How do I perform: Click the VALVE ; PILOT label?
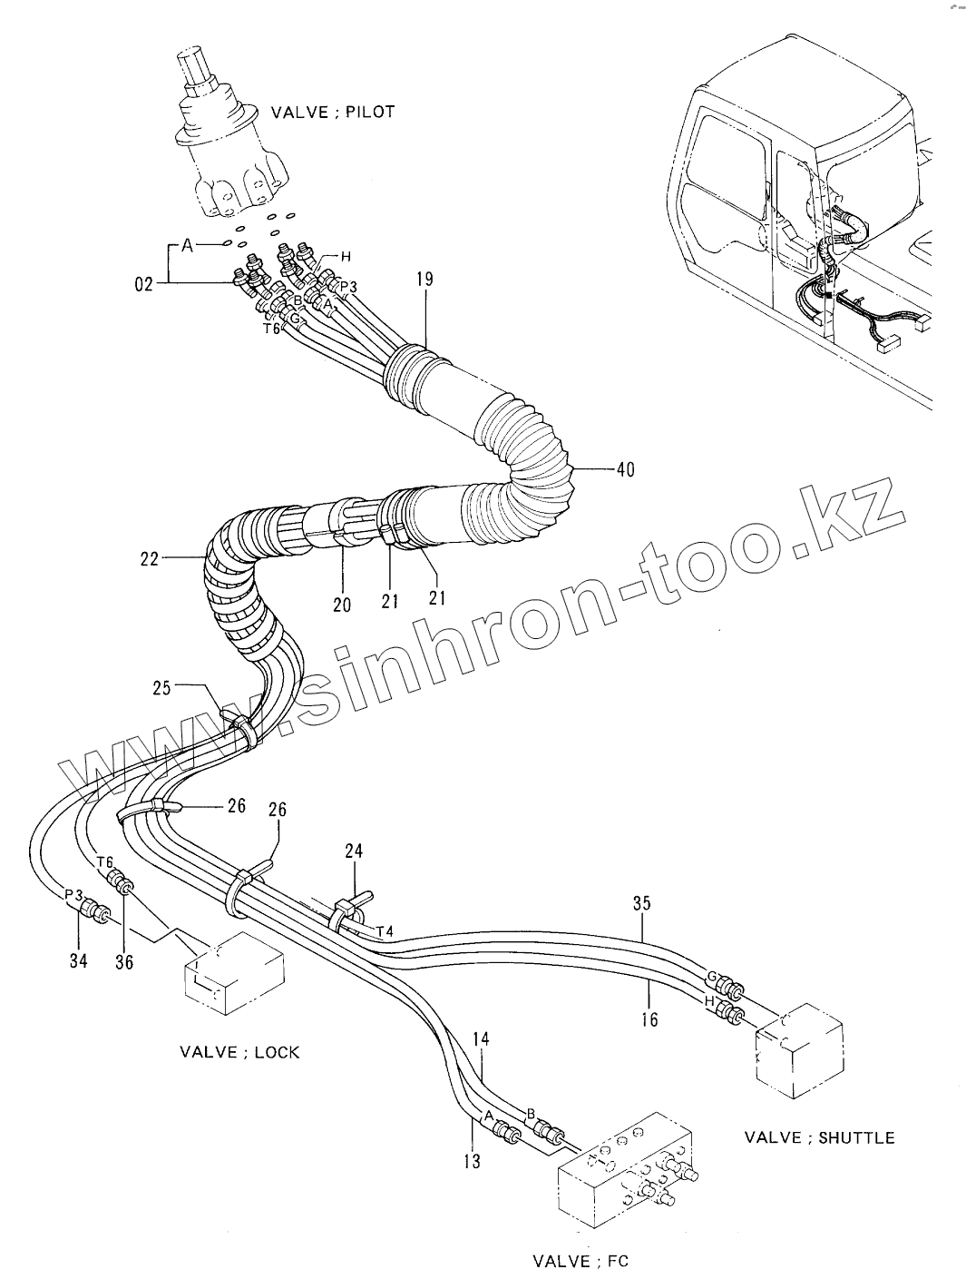click(x=333, y=112)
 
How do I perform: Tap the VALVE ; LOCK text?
click(x=239, y=1053)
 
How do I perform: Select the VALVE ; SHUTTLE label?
click(x=819, y=1137)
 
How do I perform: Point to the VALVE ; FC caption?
click(x=581, y=1261)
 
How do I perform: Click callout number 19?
click(x=425, y=280)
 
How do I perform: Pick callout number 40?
click(x=625, y=469)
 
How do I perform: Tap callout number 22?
click(x=149, y=559)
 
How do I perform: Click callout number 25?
click(x=161, y=689)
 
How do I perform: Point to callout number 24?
click(x=354, y=851)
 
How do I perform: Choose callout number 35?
click(x=642, y=903)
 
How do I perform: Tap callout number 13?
click(x=471, y=1161)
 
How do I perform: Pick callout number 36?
click(x=124, y=961)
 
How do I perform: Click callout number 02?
click(x=144, y=285)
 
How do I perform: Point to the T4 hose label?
click(x=385, y=931)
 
